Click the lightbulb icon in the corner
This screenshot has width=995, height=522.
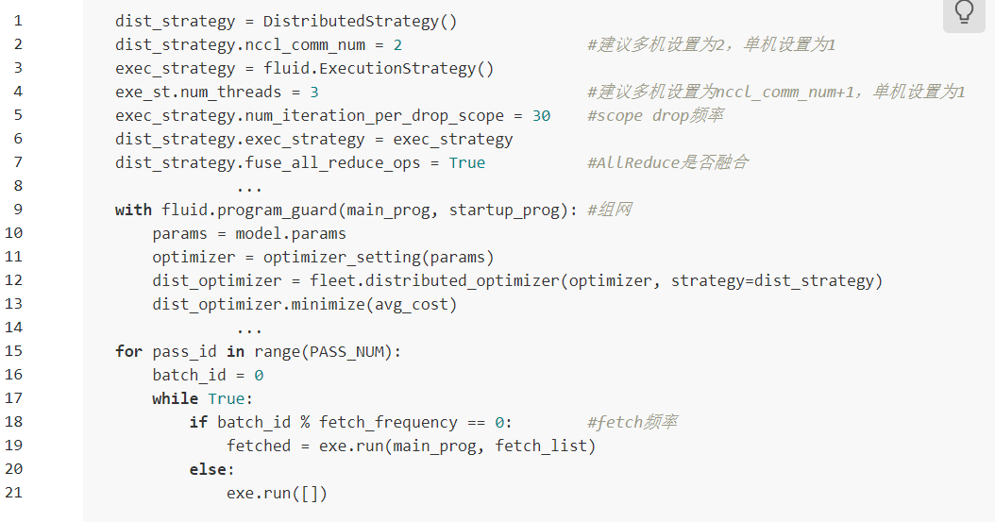964,12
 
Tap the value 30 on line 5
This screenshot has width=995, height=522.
541,115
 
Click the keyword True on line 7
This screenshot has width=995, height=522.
466,162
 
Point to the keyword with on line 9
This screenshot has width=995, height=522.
133,210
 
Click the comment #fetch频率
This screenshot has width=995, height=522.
632,422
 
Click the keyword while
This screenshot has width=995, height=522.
176,398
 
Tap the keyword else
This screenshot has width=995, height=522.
208,469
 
